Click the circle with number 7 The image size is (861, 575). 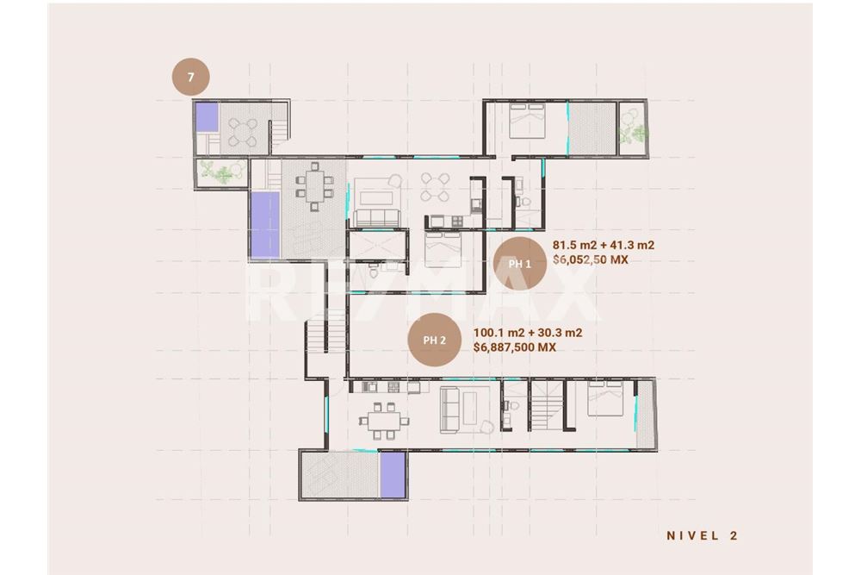(190, 77)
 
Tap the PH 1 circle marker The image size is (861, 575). (519, 264)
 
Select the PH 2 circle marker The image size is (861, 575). (434, 341)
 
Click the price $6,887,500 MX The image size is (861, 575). (515, 347)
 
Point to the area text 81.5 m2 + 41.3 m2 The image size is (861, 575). (603, 245)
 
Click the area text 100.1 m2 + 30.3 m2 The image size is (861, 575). (528, 333)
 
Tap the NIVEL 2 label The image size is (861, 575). (703, 535)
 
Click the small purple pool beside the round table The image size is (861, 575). (207, 117)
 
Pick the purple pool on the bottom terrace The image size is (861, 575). (393, 474)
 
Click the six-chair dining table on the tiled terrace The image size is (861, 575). (314, 187)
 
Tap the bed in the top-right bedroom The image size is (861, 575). (528, 121)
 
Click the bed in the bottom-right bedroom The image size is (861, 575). (605, 398)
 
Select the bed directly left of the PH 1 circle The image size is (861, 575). (443, 249)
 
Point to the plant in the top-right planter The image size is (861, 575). (634, 132)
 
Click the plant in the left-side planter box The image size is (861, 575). (221, 172)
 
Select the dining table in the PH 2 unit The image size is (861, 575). (384, 421)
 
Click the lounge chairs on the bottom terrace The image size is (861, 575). (323, 472)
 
